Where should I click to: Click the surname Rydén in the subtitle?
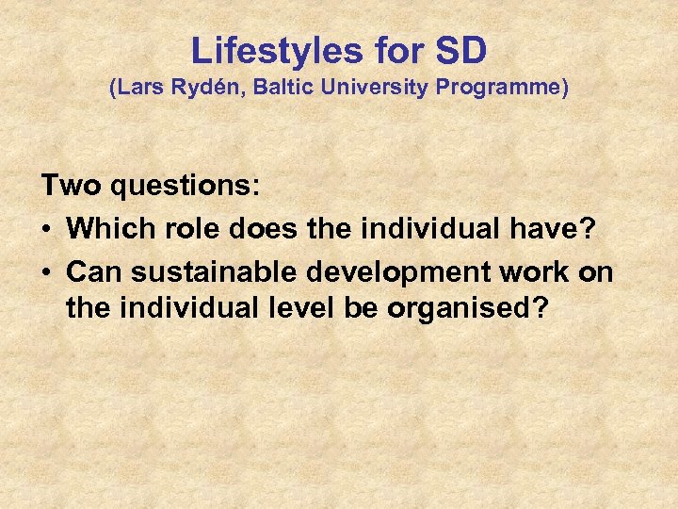point(200,90)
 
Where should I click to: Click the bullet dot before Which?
point(47,229)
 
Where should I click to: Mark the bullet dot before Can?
point(47,272)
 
